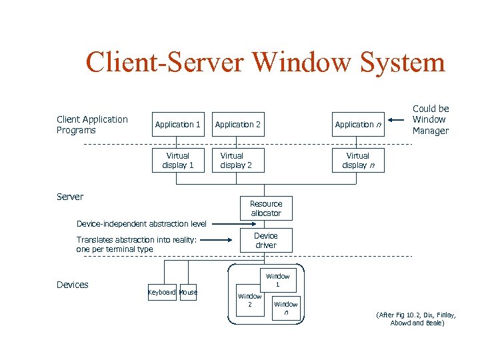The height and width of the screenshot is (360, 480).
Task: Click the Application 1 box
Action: tap(178, 125)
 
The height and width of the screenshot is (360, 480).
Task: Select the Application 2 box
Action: tap(238, 125)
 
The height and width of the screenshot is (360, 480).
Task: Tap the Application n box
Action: tap(359, 125)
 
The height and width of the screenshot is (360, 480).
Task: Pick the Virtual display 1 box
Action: tap(178, 161)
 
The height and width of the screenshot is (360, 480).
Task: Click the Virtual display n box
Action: tap(359, 161)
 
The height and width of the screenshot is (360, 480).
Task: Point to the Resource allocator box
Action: tap(266, 209)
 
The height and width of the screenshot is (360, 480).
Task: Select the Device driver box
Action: tap(266, 241)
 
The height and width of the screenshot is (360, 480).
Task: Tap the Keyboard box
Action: tap(162, 292)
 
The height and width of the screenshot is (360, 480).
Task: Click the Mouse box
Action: tap(189, 292)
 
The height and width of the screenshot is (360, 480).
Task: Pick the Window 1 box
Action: tap(278, 281)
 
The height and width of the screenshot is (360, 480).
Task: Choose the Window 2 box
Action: tap(250, 300)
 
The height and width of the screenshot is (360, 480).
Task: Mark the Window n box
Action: tap(286, 308)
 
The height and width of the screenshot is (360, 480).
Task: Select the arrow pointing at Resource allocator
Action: tap(225, 224)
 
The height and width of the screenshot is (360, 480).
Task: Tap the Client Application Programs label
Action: tap(92, 125)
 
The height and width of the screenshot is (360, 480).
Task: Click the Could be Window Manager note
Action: tap(431, 120)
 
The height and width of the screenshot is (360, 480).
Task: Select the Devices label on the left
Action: tap(73, 285)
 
